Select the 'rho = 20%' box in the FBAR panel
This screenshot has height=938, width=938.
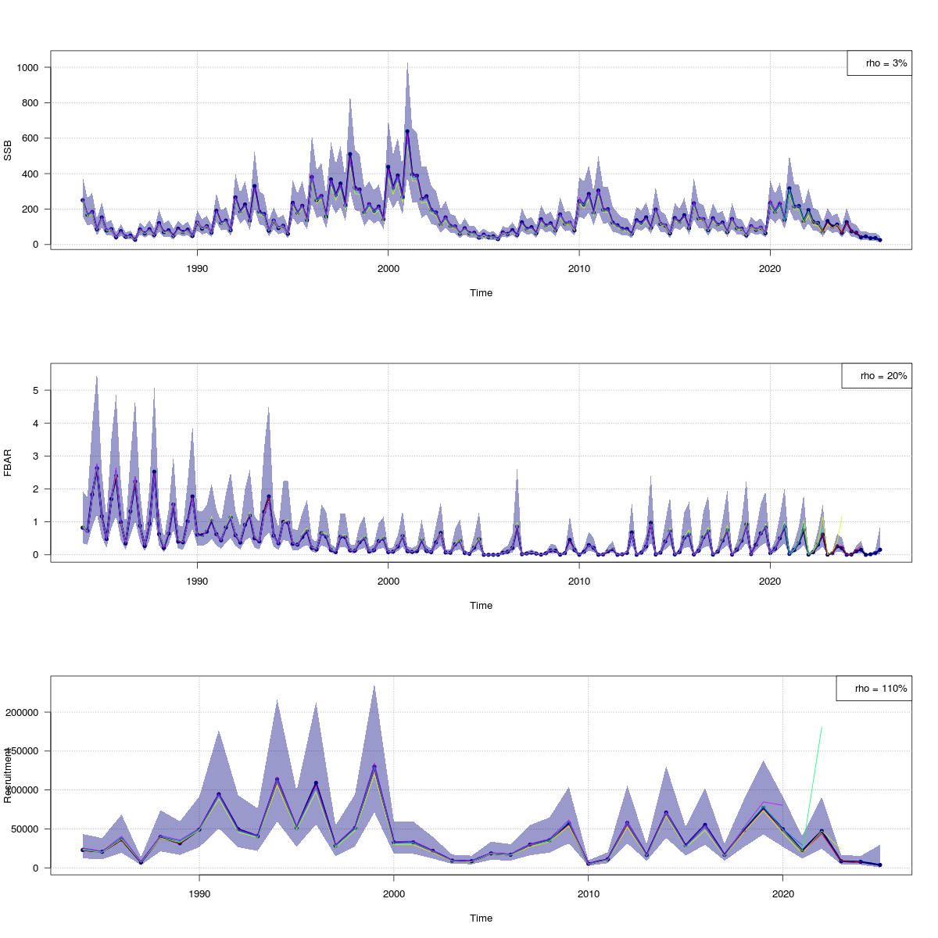coord(876,376)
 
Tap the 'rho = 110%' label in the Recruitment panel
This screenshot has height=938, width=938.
coord(874,689)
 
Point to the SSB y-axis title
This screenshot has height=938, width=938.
coord(8,149)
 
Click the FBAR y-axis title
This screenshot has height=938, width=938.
coord(8,462)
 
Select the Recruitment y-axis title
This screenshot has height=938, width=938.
coord(8,775)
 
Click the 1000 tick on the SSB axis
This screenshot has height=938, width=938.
coord(27,68)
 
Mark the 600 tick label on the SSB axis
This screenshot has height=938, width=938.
coord(30,138)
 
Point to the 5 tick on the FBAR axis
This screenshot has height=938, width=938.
coord(37,390)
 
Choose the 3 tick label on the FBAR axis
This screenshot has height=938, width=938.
coord(37,456)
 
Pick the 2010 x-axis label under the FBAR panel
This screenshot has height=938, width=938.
coord(578,581)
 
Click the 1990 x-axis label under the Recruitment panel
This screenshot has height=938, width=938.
coord(199,893)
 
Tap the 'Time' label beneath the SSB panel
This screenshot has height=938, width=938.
coord(481,293)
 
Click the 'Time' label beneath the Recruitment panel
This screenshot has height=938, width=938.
coord(481,918)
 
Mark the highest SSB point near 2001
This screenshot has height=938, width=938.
coord(407,131)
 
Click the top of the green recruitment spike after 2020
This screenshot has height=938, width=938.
coord(822,728)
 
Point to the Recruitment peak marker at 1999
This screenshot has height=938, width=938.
coord(374,766)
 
